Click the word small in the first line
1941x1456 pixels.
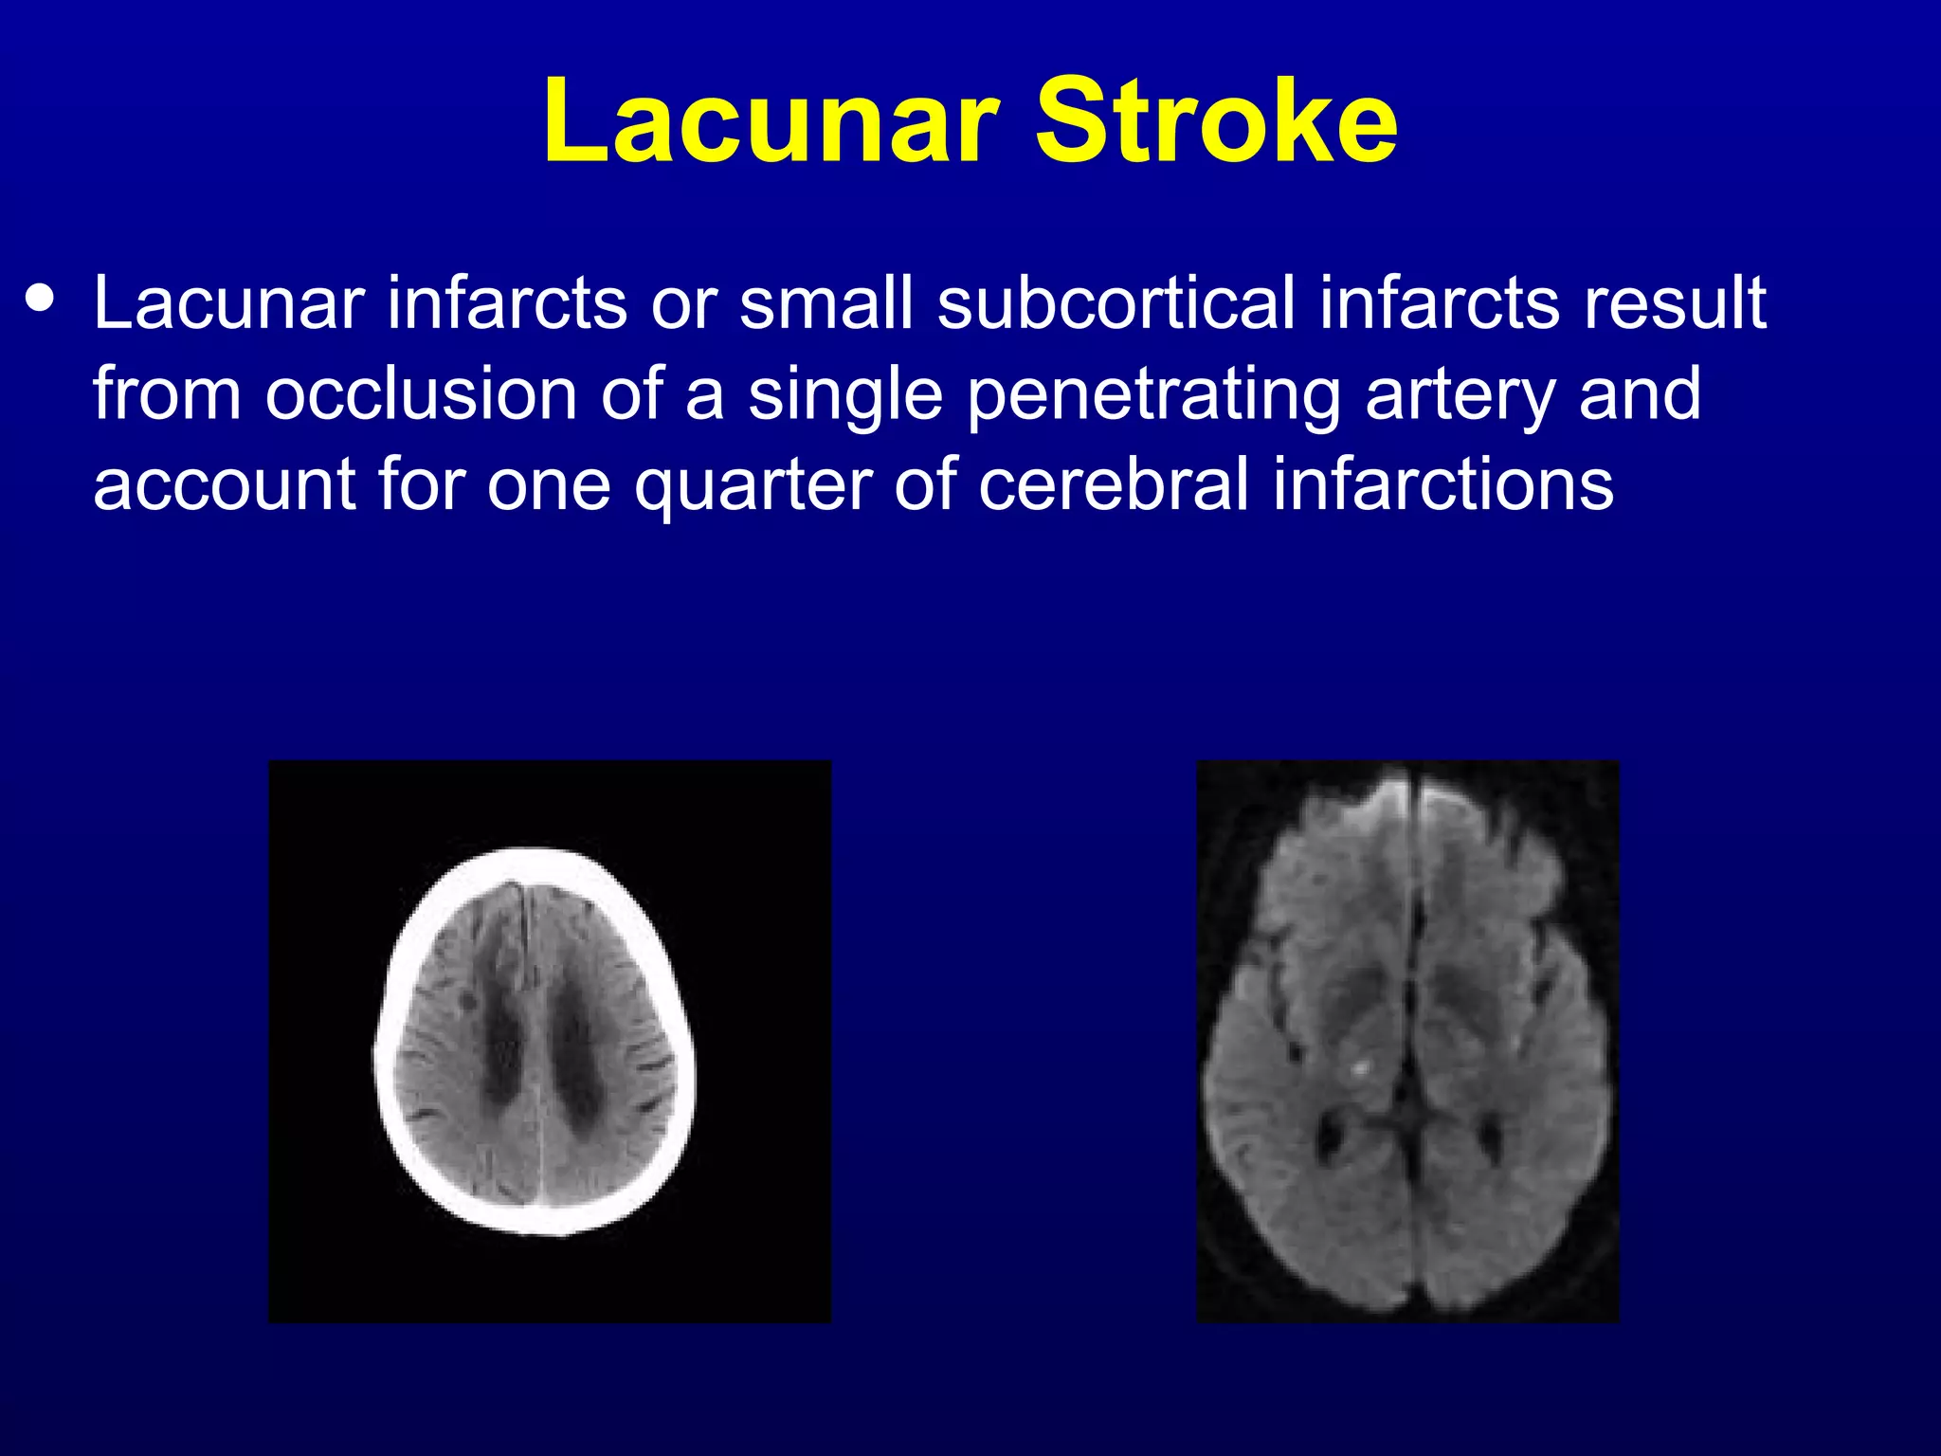click(825, 303)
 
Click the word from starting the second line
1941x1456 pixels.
click(167, 394)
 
